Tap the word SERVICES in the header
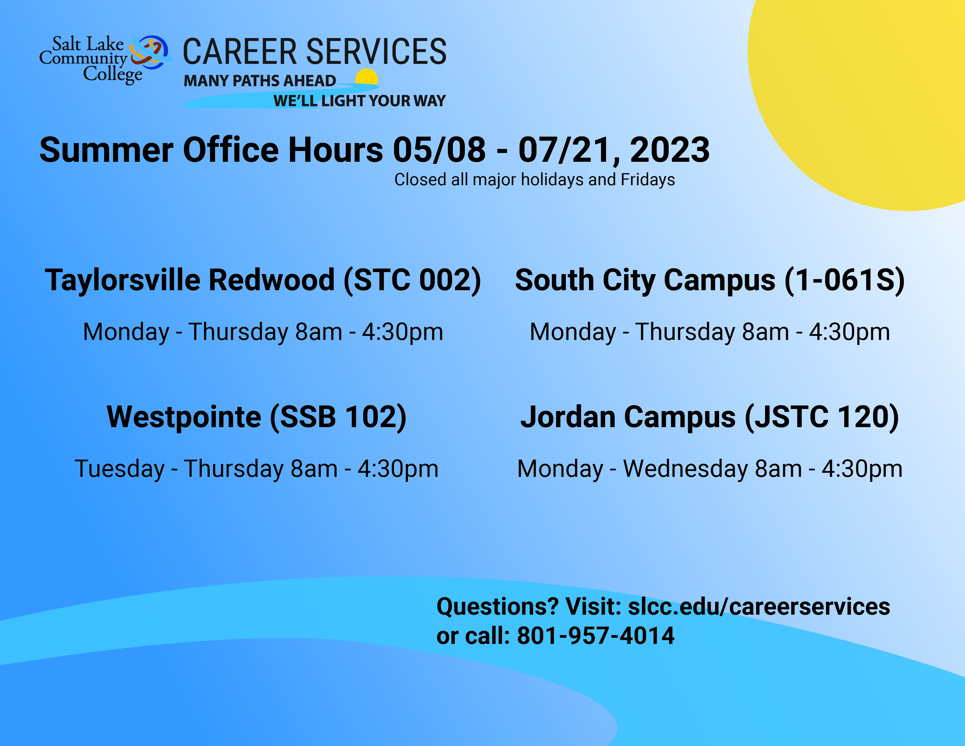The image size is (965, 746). (x=376, y=52)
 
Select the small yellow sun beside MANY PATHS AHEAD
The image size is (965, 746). (x=367, y=77)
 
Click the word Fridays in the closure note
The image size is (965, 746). (x=648, y=179)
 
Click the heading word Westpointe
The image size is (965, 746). (x=184, y=417)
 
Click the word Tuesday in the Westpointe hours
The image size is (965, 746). (x=119, y=469)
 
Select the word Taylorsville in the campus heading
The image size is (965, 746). (x=123, y=281)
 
